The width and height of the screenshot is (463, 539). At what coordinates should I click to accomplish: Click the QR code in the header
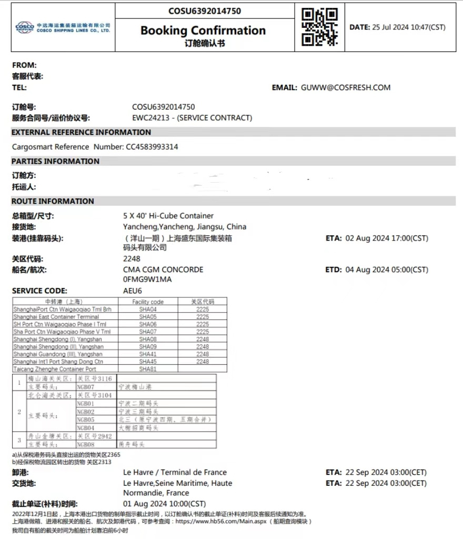click(x=320, y=27)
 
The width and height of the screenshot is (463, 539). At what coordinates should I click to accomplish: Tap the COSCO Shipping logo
click(x=25, y=27)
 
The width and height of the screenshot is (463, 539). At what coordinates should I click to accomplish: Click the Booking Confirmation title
click(x=203, y=31)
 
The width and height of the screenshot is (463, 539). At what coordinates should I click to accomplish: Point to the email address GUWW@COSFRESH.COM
click(x=346, y=87)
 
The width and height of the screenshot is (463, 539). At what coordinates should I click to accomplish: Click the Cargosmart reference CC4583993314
click(x=152, y=147)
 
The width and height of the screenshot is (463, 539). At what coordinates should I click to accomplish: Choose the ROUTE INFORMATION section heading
click(x=53, y=201)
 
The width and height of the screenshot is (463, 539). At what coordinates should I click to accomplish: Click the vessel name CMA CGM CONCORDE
click(x=163, y=269)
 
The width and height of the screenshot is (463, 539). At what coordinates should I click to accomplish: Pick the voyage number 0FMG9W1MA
click(x=147, y=279)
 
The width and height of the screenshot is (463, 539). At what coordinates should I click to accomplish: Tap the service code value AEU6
click(x=133, y=291)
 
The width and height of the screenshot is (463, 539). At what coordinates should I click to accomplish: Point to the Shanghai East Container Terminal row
click(x=56, y=317)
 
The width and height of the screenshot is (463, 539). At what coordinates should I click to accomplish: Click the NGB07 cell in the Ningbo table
click(x=85, y=387)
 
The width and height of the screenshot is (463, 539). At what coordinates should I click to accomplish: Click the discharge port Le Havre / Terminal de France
click(x=175, y=472)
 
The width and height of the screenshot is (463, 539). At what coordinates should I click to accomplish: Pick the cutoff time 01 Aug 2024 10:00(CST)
click(x=165, y=504)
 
